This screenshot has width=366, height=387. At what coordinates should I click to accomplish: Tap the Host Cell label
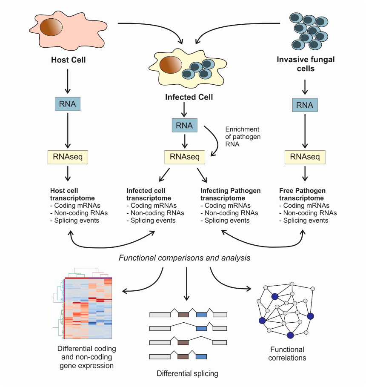click(68, 60)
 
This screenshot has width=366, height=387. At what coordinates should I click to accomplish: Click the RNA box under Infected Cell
click(184, 125)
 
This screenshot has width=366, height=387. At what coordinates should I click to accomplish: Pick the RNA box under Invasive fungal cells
click(304, 105)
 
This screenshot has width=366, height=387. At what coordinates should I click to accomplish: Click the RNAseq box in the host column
click(67, 158)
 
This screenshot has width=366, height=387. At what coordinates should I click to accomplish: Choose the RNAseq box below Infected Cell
click(185, 158)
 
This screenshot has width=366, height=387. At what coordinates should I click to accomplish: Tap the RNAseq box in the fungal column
click(305, 158)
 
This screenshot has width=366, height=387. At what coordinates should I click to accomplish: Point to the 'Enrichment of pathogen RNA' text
click(243, 137)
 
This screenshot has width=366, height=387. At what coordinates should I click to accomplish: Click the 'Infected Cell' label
click(189, 97)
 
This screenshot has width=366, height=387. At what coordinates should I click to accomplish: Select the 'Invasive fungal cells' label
click(306, 64)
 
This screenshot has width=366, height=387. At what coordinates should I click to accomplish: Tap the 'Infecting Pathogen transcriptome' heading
click(230, 194)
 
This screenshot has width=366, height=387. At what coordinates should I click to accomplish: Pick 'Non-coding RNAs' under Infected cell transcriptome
click(155, 213)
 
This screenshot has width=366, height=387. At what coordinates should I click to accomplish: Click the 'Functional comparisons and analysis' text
click(184, 258)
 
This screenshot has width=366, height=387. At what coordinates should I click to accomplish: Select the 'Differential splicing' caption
click(187, 374)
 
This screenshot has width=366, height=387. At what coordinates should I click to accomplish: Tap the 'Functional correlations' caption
click(287, 354)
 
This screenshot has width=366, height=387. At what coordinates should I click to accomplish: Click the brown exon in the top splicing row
click(183, 315)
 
